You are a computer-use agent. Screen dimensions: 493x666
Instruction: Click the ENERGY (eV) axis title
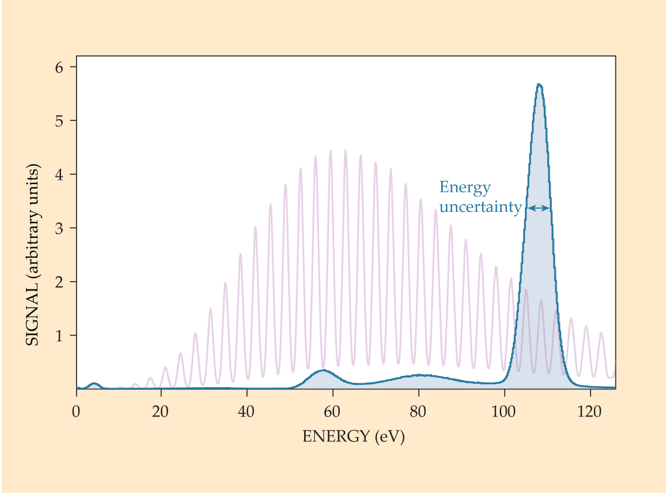[354, 437]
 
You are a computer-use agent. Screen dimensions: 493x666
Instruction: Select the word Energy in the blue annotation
[465, 188]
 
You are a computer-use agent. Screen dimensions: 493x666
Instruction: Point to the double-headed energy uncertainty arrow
[538, 208]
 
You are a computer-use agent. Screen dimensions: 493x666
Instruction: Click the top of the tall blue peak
[539, 85]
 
